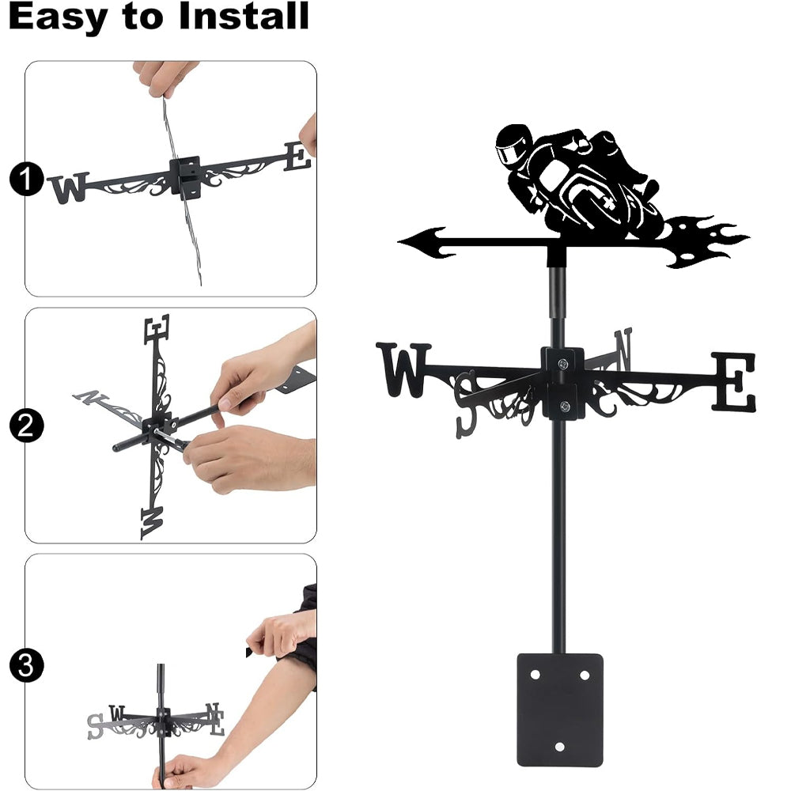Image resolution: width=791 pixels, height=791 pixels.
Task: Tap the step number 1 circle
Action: pyautogui.click(x=27, y=179)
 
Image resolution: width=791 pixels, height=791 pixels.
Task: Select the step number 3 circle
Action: pyautogui.click(x=27, y=665)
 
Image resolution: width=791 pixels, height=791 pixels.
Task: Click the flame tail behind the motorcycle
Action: pyautogui.click(x=706, y=241)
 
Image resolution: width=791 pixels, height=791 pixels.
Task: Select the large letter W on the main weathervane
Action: pyautogui.click(x=403, y=369)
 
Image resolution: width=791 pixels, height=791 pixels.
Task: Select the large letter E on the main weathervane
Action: pyautogui.click(x=734, y=381)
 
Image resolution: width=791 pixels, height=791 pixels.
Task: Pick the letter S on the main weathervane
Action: pyautogui.click(x=466, y=403)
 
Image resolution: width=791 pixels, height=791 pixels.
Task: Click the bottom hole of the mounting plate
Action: pyautogui.click(x=559, y=747)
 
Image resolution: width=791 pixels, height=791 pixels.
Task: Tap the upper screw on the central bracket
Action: pyautogui.click(x=563, y=363)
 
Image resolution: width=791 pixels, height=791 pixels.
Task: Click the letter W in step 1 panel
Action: pyautogui.click(x=69, y=187)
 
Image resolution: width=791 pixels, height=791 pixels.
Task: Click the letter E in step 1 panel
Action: pyautogui.click(x=297, y=157)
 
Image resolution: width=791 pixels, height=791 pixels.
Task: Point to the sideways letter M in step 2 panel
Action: pyautogui.click(x=153, y=524)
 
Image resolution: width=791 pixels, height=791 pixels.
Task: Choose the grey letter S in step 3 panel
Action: pyautogui.click(x=95, y=726)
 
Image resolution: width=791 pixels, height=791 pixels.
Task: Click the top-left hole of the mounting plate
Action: pyautogui.click(x=535, y=675)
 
